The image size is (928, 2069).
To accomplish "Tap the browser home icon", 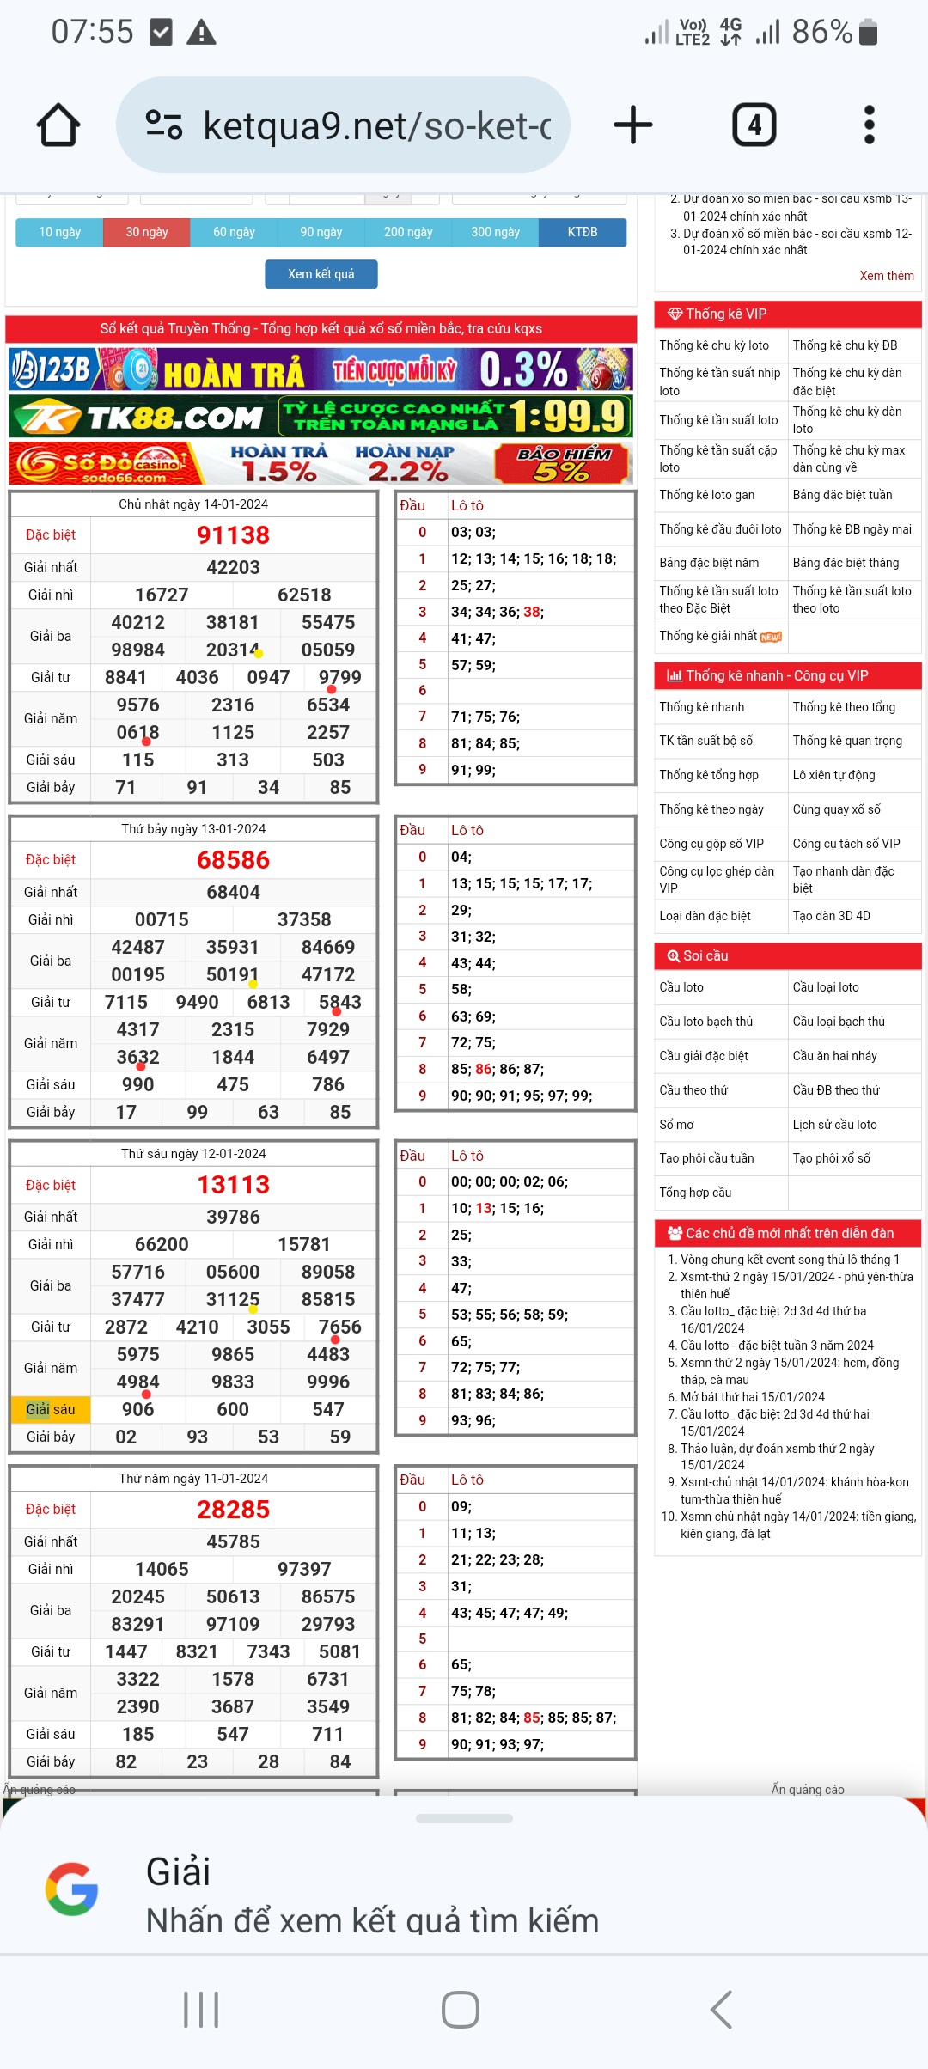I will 58,125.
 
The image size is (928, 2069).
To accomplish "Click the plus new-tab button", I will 633,125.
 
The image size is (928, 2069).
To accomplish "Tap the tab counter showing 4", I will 754,125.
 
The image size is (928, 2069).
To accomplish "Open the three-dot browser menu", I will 869,125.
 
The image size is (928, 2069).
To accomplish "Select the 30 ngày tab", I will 147,232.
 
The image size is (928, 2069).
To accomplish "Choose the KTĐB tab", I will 583,232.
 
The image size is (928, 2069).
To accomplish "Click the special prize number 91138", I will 233,535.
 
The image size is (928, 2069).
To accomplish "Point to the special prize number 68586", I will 233,860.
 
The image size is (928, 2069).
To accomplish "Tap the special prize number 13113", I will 233,1185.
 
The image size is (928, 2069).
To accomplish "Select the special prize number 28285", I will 233,1510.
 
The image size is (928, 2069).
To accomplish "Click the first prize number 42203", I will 233,567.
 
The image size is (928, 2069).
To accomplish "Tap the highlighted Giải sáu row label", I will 51,1409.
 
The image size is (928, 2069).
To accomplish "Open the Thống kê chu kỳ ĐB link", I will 845,345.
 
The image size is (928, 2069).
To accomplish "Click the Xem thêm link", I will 886,276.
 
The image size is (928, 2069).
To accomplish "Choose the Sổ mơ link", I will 676,1125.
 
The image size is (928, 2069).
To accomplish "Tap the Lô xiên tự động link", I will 833,775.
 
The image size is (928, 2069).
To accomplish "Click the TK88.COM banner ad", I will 321,417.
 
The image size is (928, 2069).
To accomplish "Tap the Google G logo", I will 71,1889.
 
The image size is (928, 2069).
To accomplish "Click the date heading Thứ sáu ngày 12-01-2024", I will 193,1154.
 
